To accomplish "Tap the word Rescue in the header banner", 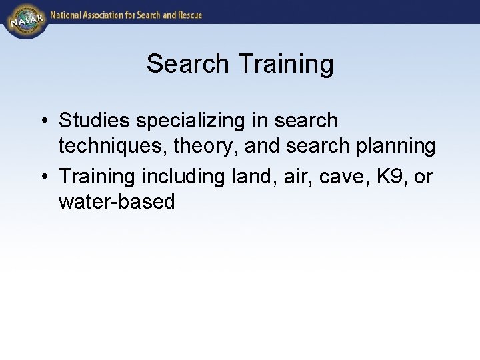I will [187, 14].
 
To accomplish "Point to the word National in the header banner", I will [68, 14].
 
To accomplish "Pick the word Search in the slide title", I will [188, 64].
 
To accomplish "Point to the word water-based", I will [117, 202].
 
